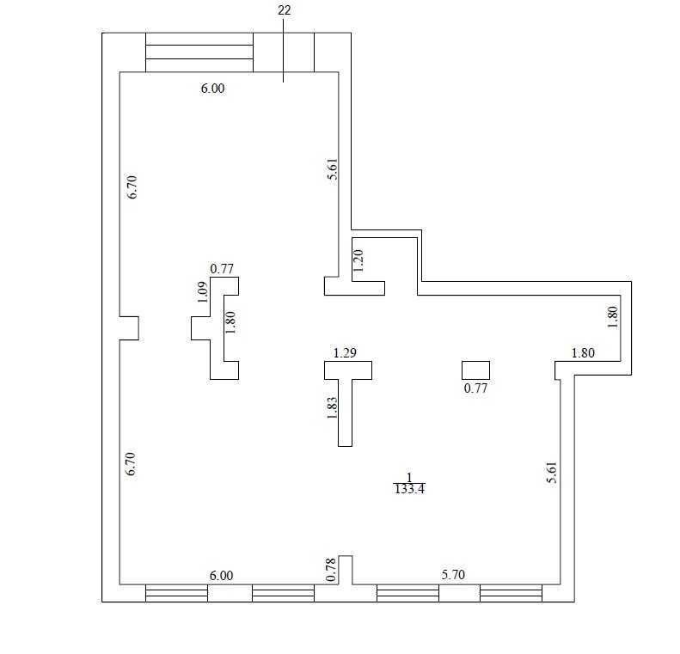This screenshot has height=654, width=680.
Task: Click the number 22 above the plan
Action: click(x=284, y=10)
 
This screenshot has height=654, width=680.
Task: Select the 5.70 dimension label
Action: click(x=453, y=575)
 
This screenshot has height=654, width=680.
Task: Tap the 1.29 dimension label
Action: click(x=345, y=353)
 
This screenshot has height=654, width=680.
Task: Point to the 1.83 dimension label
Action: click(x=332, y=408)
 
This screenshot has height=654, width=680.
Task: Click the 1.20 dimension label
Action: click(x=358, y=260)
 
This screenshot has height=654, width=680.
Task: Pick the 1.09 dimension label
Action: click(x=203, y=292)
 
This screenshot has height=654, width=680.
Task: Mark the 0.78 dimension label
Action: click(x=331, y=570)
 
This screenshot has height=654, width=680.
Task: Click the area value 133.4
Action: click(x=409, y=489)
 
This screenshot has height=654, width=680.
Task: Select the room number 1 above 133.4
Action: click(x=409, y=478)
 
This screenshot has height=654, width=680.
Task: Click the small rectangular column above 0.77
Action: click(x=475, y=370)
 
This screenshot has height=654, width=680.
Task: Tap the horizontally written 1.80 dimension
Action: click(x=583, y=353)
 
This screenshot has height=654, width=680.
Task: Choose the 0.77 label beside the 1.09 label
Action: click(x=222, y=269)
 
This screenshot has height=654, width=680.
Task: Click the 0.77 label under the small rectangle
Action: click(x=475, y=388)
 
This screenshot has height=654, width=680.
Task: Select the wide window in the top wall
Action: click(x=199, y=52)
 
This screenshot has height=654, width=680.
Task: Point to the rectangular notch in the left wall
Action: click(x=129, y=328)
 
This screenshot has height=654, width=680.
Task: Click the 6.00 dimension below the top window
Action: click(x=212, y=89)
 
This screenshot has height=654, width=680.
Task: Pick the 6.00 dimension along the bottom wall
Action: click(x=221, y=576)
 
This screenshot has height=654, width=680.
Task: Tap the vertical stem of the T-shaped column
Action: click(x=346, y=413)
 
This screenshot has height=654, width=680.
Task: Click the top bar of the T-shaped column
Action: click(x=348, y=370)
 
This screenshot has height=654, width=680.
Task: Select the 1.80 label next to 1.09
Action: click(x=230, y=322)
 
